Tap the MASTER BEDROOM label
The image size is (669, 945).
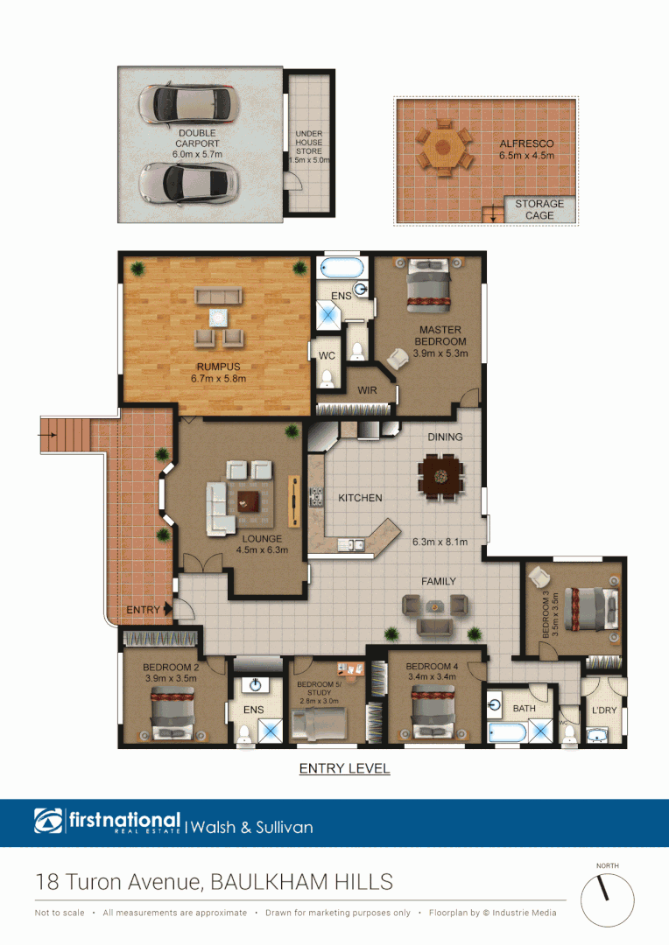tap(440, 330)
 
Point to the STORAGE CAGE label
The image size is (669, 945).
tap(539, 209)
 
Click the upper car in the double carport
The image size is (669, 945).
tap(187, 104)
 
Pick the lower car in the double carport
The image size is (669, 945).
tap(187, 182)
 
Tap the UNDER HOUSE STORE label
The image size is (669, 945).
tap(309, 143)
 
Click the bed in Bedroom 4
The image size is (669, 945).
tap(432, 713)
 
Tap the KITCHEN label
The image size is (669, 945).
tap(360, 498)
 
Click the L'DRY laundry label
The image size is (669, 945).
tap(604, 710)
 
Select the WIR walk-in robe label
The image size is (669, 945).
tap(367, 390)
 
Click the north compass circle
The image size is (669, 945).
tap(607, 901)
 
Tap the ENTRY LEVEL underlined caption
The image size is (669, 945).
tap(344, 769)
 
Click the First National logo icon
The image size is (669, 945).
tap(49, 822)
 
